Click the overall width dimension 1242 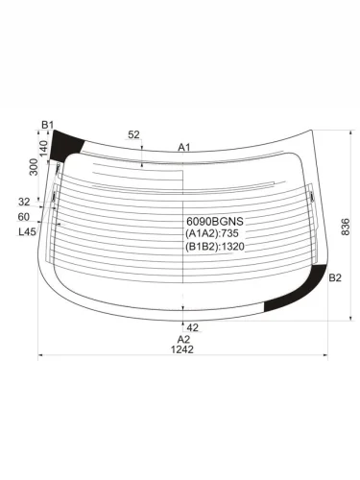(182, 349)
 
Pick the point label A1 (185, 147)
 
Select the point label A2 (183, 338)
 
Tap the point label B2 (334, 277)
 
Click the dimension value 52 (133, 135)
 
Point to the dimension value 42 (192, 327)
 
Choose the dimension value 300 (34, 167)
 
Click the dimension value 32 (24, 202)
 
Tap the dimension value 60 (24, 217)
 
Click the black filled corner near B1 (67, 147)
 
